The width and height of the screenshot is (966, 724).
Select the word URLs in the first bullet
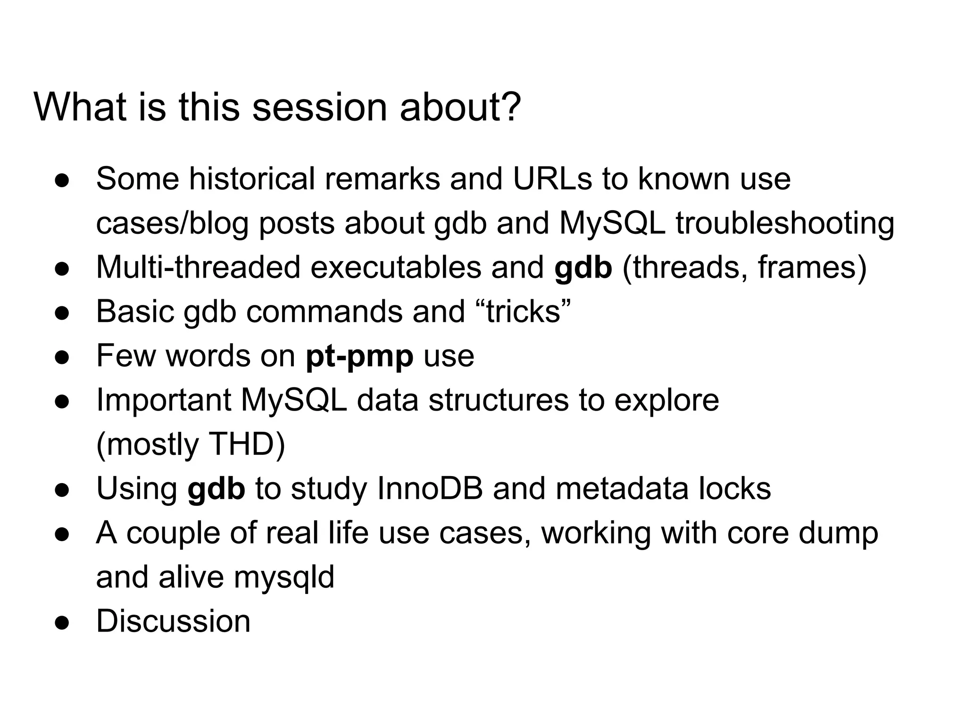[x=552, y=179]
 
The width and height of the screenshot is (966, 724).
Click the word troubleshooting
[x=785, y=223]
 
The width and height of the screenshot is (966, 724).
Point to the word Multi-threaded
[x=198, y=267]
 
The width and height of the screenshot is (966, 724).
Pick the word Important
[x=164, y=400]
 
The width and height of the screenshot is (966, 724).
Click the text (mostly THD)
[x=191, y=444]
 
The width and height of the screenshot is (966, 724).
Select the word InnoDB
[x=430, y=488]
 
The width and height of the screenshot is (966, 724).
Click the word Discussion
[x=173, y=621]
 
